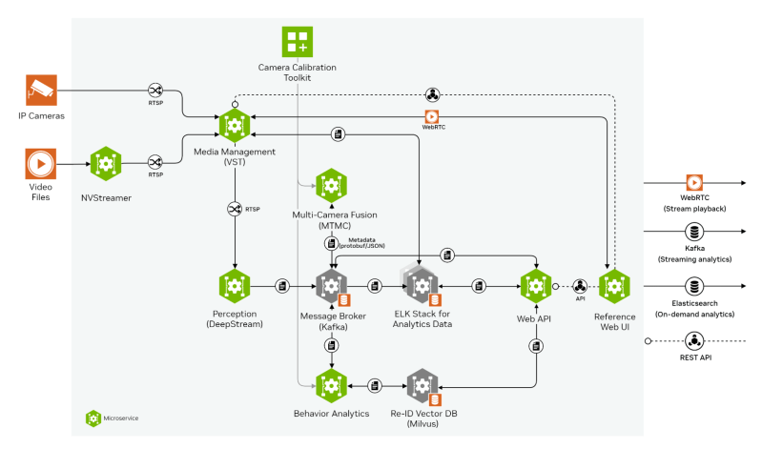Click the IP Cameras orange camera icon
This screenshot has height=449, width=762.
click(41, 92)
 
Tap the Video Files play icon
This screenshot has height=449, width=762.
click(41, 163)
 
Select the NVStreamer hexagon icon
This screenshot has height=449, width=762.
click(106, 164)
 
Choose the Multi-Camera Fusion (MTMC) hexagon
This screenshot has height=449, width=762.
click(330, 186)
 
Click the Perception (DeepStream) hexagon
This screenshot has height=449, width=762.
click(234, 285)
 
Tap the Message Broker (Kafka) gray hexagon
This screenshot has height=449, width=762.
click(330, 285)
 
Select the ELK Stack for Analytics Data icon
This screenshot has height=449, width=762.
click(421, 285)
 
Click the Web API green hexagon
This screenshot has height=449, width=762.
click(535, 285)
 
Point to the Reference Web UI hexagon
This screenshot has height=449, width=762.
click(613, 285)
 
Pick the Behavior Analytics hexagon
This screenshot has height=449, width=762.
click(330, 385)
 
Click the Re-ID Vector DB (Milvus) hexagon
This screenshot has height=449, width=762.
click(421, 385)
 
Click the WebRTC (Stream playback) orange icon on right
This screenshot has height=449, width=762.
click(695, 181)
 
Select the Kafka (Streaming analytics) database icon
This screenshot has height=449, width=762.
click(695, 232)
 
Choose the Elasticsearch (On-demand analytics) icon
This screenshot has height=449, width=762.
click(695, 285)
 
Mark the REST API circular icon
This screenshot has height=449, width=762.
click(695, 340)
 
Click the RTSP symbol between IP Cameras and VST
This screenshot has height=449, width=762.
click(156, 90)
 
